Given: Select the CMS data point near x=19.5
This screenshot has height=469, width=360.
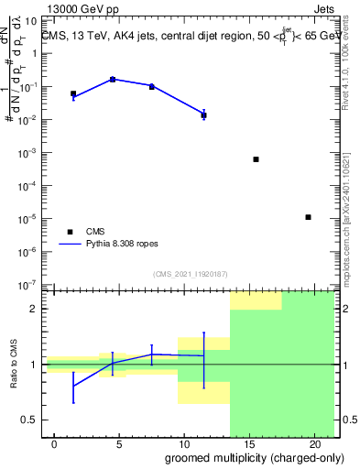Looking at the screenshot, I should pyautogui.click(x=308, y=217).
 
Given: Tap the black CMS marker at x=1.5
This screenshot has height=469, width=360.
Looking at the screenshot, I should pyautogui.click(x=73, y=93).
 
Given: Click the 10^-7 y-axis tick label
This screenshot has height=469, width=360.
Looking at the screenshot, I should pyautogui.click(x=28, y=285).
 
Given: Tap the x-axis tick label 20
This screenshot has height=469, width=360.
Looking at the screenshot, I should pyautogui.click(x=314, y=444).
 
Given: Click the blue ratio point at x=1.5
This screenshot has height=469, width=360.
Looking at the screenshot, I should pyautogui.click(x=73, y=386).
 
